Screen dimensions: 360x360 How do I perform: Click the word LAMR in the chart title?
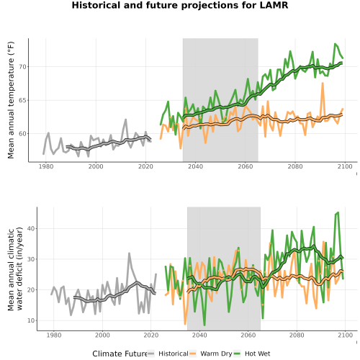pyautogui.click(x=274, y=5)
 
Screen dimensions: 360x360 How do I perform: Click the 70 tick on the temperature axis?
pyautogui.click(x=22, y=67)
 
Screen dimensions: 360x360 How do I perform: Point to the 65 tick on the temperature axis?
pyautogui.click(x=22, y=100)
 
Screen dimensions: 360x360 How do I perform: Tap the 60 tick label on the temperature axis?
pyautogui.click(x=22, y=134)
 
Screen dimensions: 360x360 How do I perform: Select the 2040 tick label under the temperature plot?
pyautogui.click(x=195, y=166)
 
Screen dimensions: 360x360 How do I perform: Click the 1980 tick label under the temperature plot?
pyautogui.click(x=46, y=166)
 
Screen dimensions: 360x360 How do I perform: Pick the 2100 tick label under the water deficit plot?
pyautogui.click(x=345, y=335)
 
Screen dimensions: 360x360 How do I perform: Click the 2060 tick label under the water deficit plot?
pyautogui.click(x=248, y=335)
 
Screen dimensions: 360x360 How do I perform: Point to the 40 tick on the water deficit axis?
pyautogui.click(x=31, y=228)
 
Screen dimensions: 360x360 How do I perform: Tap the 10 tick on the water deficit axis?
pyautogui.click(x=31, y=320)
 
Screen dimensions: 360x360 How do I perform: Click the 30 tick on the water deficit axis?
pyautogui.click(x=31, y=259)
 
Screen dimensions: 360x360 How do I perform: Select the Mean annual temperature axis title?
pyautogui.click(x=11, y=100)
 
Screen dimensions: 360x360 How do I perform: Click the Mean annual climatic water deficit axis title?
pyautogui.click(x=15, y=269)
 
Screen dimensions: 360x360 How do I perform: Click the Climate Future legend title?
pyautogui.click(x=120, y=354)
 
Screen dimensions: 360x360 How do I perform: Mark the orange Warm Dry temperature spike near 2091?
pyautogui.click(x=323, y=84)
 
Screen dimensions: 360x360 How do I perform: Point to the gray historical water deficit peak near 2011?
pyautogui.click(x=129, y=253)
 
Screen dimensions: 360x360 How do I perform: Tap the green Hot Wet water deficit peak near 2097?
pyautogui.click(x=338, y=212)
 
